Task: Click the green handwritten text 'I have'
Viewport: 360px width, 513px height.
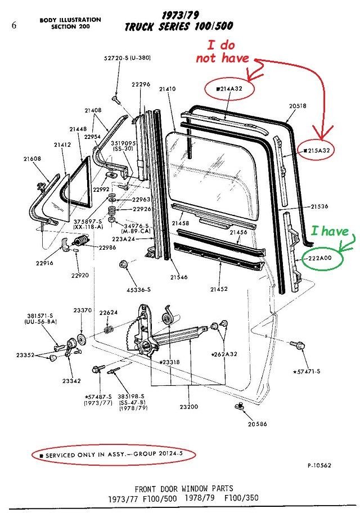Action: (x=330, y=231)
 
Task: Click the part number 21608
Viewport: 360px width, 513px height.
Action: (x=32, y=159)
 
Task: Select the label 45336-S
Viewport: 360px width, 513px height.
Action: (x=138, y=290)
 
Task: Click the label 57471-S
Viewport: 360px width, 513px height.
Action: (x=307, y=371)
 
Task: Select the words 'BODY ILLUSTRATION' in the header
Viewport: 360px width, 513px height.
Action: (x=70, y=20)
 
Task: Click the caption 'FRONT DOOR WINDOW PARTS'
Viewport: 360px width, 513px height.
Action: (x=183, y=488)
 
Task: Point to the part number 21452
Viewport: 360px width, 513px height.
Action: (x=219, y=289)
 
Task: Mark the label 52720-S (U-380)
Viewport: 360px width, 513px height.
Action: (x=127, y=58)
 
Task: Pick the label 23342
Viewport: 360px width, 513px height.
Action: (x=71, y=381)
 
